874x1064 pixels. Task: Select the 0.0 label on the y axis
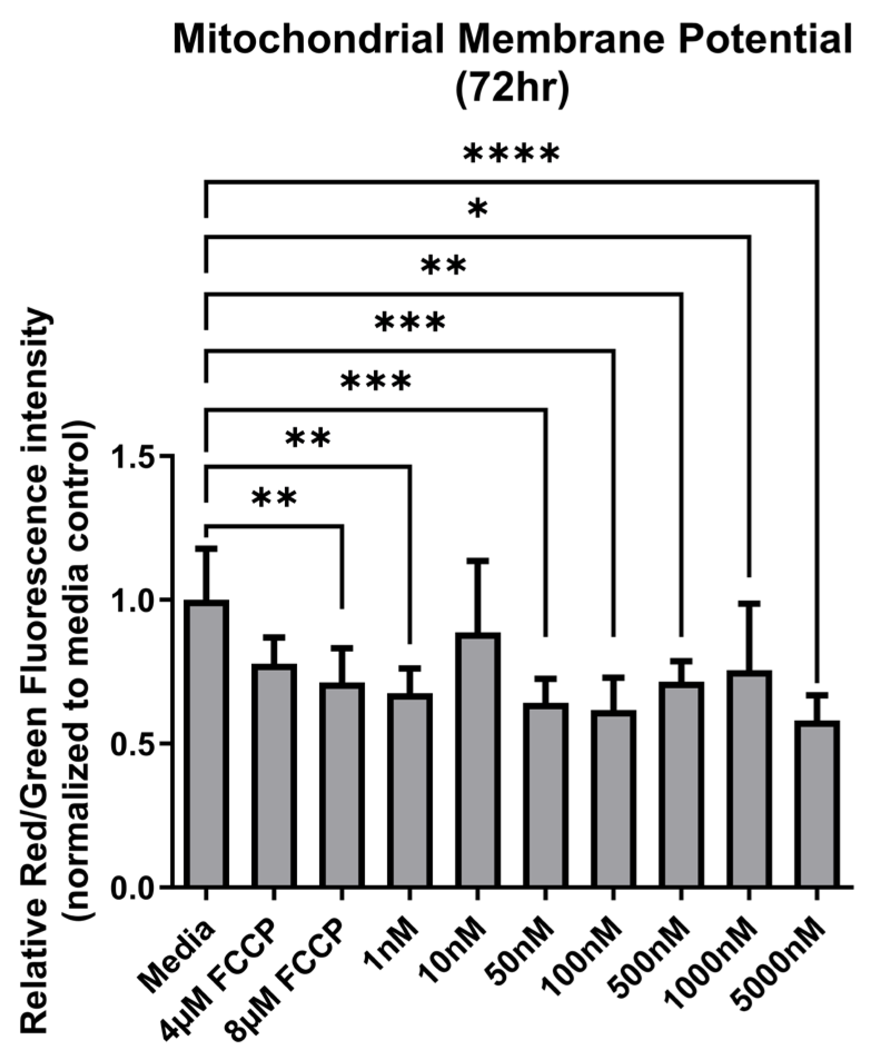134,888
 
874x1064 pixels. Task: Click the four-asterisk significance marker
511,155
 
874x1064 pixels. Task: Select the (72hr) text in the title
512,89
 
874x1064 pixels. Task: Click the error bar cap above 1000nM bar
749,603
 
